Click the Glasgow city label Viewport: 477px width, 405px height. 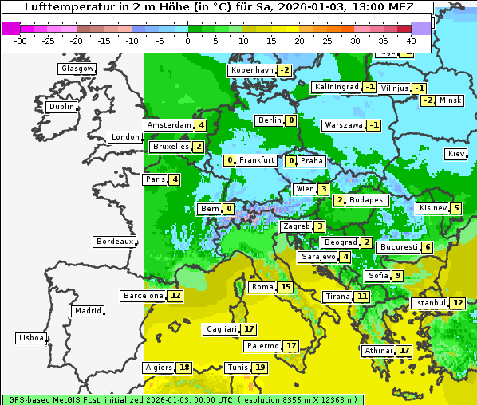click(x=77, y=69)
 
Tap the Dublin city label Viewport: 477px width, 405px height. click(x=61, y=107)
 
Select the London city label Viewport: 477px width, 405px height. click(x=125, y=137)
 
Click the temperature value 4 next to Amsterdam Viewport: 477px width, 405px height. click(x=202, y=125)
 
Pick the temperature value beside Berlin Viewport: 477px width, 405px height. click(x=291, y=120)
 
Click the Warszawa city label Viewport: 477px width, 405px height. click(x=343, y=125)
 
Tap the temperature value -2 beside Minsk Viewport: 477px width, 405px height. click(x=428, y=100)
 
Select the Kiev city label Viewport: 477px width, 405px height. click(x=456, y=154)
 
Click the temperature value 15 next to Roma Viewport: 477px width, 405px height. click(x=286, y=287)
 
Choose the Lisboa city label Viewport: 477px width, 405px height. click(x=30, y=338)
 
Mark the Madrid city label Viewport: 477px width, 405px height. click(x=87, y=311)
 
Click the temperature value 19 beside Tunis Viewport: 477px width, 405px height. click(x=260, y=368)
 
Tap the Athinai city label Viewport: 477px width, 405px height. click(x=378, y=350)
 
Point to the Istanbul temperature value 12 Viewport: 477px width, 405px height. click(x=458, y=303)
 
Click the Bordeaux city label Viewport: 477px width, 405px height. click(x=115, y=242)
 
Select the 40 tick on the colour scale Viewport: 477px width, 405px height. click(x=411, y=40)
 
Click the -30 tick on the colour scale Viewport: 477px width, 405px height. click(x=21, y=40)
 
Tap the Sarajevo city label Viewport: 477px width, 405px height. click(x=317, y=257)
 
